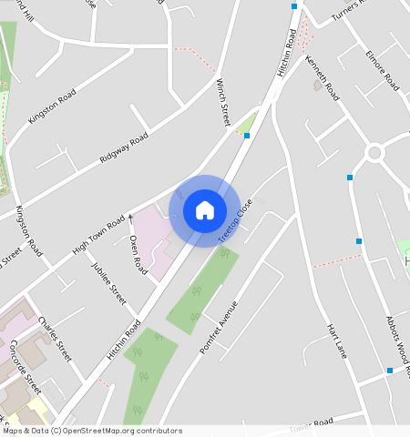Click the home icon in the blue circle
click(x=205, y=210)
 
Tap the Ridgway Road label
click(x=124, y=150)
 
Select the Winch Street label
click(x=223, y=101)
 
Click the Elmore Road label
click(x=383, y=67)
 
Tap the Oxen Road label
click(x=138, y=255)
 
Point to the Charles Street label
click(x=55, y=339)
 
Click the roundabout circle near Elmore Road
click(x=374, y=152)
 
